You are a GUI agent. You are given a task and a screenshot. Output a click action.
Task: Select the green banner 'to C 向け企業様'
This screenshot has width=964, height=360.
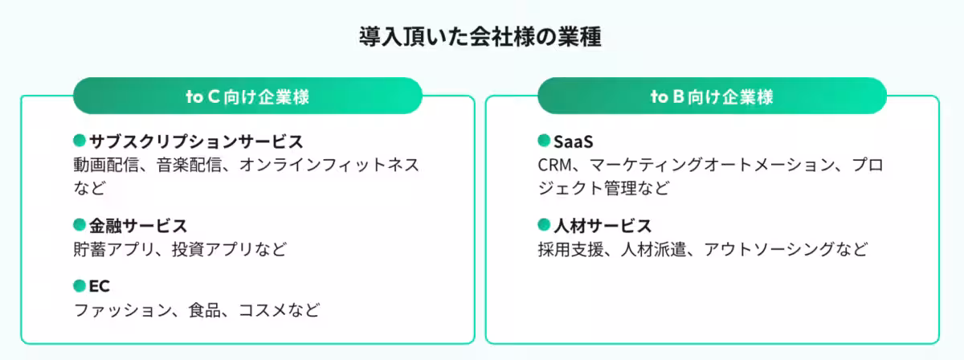pos(247,96)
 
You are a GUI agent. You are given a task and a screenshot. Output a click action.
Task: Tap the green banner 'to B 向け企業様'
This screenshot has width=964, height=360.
pos(712,96)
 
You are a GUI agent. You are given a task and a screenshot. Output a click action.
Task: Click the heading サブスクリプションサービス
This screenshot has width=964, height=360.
pos(196,142)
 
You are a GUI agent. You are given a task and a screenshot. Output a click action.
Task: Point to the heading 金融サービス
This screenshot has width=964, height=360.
pos(137,226)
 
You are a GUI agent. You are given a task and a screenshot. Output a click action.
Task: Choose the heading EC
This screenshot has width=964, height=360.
pos(100,287)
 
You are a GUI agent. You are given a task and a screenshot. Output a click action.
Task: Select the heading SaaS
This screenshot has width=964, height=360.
pos(573,142)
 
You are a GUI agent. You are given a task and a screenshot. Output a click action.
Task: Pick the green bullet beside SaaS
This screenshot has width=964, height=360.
pos(544,141)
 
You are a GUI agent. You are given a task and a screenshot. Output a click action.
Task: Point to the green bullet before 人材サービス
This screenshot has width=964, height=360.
pos(544,225)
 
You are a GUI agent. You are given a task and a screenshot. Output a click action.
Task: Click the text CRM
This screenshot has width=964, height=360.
pos(553,166)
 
